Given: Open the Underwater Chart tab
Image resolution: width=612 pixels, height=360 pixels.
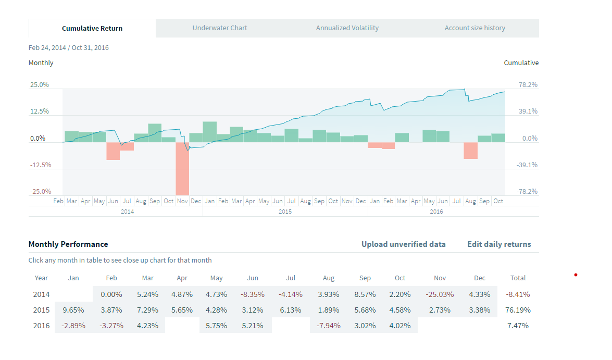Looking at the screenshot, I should point(220,28).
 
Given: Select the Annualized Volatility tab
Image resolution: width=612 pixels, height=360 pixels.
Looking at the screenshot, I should point(347,28).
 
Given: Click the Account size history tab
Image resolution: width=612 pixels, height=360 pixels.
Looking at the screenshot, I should point(474,28).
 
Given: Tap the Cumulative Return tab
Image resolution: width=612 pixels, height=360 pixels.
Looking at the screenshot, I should point(92,28).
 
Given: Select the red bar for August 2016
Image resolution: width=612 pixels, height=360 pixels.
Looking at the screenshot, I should point(471,151).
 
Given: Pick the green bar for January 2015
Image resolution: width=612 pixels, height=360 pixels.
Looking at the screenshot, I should point(210,132).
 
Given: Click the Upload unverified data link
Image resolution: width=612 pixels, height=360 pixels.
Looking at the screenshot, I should point(403,244).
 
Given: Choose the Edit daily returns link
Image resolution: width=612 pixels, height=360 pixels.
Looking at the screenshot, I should point(499,244).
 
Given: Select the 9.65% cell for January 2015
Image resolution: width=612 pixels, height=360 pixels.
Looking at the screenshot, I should point(73,310).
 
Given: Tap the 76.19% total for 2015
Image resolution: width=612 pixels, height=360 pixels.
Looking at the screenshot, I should point(518,310).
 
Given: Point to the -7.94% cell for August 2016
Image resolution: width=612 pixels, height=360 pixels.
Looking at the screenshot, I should point(328,326).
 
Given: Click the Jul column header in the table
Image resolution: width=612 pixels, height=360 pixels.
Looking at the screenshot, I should point(291,278).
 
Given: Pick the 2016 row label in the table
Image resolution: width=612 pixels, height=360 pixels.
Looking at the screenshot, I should point(42,326).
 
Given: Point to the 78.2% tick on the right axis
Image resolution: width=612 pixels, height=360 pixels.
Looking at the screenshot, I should point(528,85).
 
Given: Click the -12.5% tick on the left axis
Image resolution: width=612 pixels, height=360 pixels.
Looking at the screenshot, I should point(40,165).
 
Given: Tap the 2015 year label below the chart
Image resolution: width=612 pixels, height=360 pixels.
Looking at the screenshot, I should point(285,212).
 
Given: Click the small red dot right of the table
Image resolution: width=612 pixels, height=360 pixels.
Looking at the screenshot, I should point(576,275).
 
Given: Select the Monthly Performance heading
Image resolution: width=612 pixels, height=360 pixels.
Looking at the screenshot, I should point(68,244).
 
